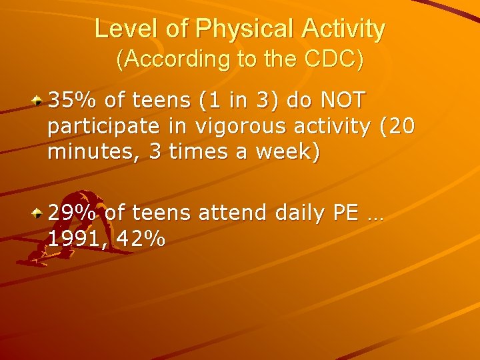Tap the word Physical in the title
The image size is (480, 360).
coord(223,29)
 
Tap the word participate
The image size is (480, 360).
coord(103,126)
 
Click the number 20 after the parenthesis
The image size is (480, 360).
coord(401,126)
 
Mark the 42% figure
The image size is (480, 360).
coord(141,239)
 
